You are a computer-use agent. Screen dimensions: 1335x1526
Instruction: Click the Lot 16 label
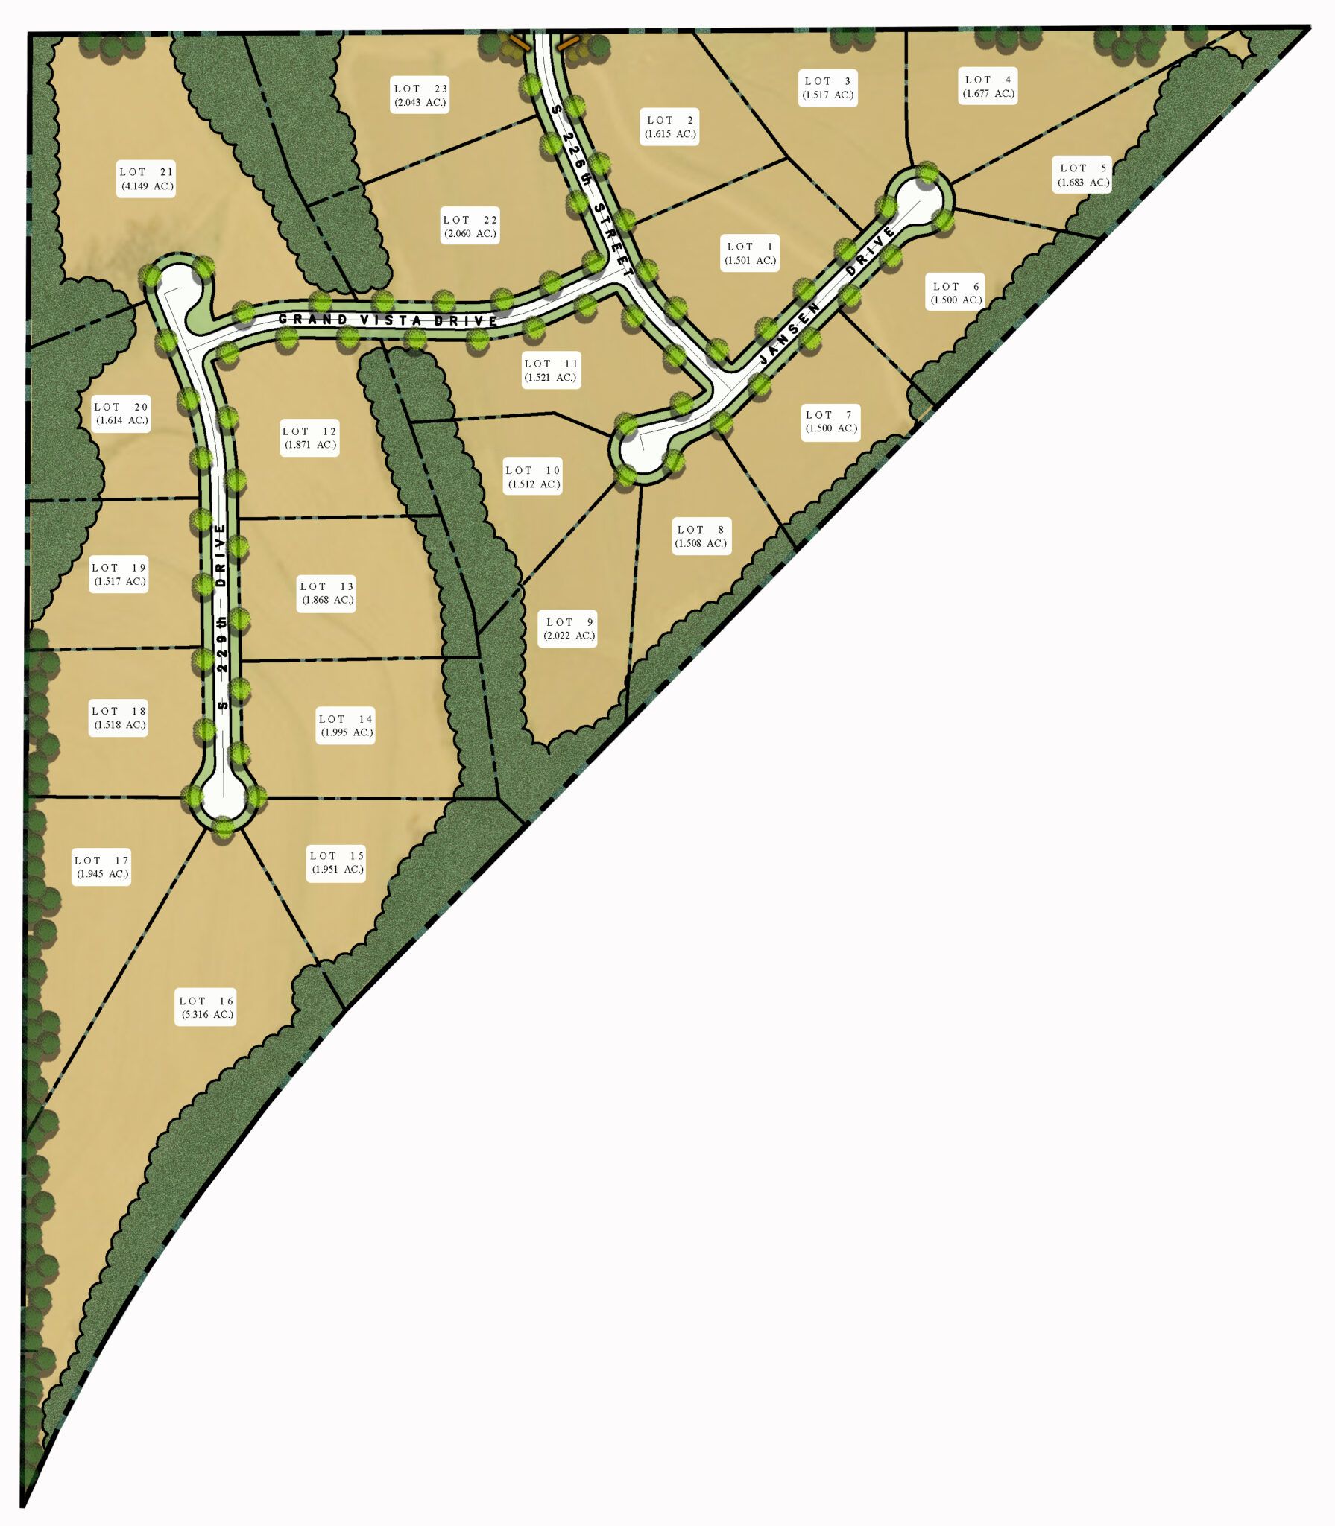pos(206,1007)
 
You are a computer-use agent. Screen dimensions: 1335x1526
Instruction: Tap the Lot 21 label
pos(146,179)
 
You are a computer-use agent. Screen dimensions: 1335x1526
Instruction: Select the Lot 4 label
pos(988,86)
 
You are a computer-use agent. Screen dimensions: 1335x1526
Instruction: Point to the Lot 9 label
pos(569,629)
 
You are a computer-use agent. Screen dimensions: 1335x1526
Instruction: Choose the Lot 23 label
pos(420,95)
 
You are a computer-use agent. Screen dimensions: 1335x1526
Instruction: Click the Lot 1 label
pos(750,253)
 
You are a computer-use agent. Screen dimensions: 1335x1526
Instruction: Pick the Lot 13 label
pos(326,593)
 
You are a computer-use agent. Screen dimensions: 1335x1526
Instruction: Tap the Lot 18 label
pos(119,718)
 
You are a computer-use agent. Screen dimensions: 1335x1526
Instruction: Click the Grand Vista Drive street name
pos(388,320)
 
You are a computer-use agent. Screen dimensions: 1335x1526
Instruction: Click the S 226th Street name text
pos(592,191)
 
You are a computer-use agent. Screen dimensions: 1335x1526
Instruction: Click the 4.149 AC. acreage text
pos(147,186)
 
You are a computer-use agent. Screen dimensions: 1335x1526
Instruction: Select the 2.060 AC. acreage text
pos(470,234)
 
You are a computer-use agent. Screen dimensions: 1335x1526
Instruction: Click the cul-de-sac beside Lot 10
pos(643,449)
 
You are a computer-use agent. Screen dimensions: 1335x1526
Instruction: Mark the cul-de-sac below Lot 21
pos(177,285)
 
